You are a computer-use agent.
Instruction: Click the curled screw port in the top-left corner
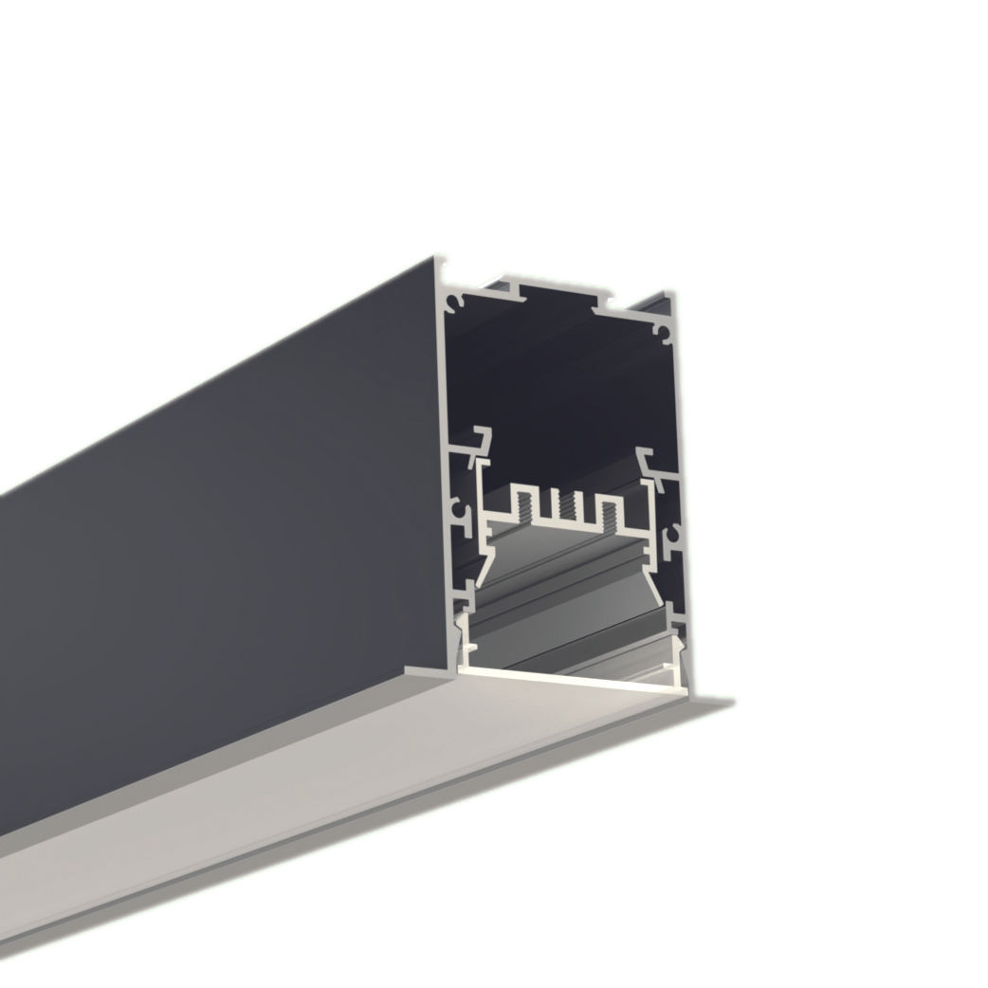[456, 302]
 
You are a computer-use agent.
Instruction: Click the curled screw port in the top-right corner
[665, 329]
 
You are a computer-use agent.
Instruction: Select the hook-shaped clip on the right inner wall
[650, 462]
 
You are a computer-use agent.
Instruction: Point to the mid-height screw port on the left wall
[464, 513]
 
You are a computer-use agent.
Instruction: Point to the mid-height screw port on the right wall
[673, 542]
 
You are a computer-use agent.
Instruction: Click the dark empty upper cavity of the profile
[559, 379]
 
